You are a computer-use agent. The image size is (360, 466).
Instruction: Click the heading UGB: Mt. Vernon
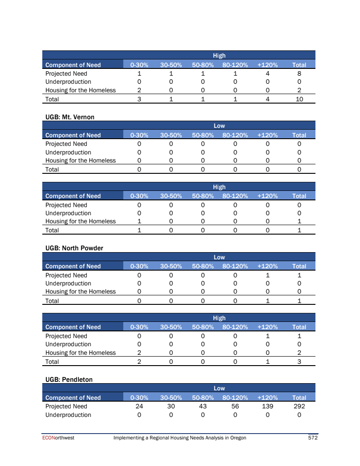(70, 117)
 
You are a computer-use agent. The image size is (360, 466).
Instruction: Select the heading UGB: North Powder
(74, 248)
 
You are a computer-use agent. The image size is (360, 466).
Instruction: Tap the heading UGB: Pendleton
(69, 380)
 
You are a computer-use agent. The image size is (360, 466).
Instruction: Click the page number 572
(313, 438)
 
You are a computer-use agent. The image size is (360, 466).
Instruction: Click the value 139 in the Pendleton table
(267, 406)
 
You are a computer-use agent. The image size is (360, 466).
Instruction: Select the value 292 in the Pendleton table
(299, 406)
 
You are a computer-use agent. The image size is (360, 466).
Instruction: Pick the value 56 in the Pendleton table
(235, 406)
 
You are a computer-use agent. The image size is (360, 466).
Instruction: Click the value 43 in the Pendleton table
(203, 406)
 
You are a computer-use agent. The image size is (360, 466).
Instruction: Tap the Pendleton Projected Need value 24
(139, 406)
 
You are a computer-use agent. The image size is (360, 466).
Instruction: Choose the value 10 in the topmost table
(299, 99)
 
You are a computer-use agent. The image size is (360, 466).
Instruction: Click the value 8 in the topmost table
(299, 73)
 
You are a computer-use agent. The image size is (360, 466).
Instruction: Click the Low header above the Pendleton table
(219, 388)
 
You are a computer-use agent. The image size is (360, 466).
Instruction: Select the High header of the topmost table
(219, 55)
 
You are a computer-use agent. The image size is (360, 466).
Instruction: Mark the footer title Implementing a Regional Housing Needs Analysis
(180, 438)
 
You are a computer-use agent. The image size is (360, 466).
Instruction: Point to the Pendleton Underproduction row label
(68, 415)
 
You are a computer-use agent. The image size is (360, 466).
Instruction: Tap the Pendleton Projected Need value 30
(171, 406)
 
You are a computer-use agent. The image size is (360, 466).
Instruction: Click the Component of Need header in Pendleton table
(73, 398)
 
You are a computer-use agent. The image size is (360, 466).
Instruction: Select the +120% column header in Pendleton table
(267, 398)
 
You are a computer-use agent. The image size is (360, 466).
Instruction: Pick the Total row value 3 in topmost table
(139, 99)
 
